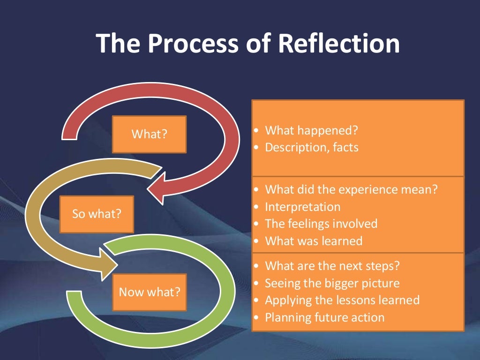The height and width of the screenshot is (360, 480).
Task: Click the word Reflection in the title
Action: tap(339, 43)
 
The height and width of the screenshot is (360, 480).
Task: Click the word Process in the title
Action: tap(186, 43)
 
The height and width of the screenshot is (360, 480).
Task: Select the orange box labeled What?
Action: tap(149, 134)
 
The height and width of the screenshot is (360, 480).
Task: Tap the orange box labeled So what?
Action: tap(97, 214)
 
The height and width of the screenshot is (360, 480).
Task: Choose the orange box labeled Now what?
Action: tap(150, 292)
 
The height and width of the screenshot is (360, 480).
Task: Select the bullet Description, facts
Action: tap(311, 147)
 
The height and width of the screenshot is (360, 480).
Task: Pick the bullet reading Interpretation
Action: tap(302, 207)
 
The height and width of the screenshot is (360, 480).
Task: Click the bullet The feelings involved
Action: tap(321, 224)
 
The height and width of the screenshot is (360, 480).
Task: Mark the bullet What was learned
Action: tap(314, 241)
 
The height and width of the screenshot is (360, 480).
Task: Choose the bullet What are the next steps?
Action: tap(332, 266)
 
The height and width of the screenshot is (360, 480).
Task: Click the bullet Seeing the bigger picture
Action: tap(332, 283)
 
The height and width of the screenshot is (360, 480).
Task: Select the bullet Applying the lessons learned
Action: tap(342, 300)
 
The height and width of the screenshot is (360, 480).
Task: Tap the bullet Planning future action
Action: tap(324, 317)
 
